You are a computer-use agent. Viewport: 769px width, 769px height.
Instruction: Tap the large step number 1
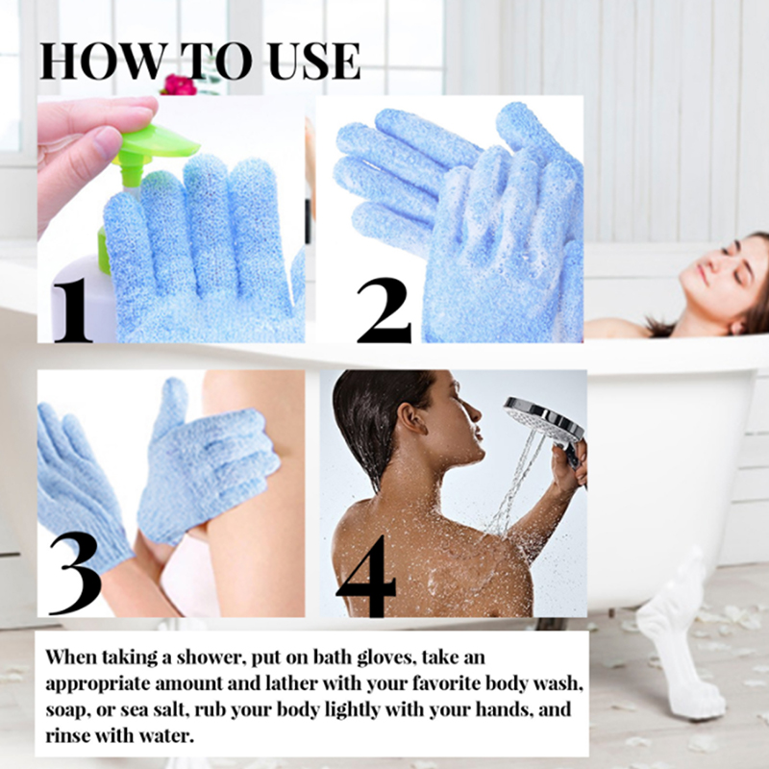(72, 310)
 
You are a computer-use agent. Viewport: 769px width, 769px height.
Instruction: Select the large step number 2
(384, 310)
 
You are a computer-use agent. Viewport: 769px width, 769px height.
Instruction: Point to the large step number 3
(75, 573)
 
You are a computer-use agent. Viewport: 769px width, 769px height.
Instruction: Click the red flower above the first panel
(179, 86)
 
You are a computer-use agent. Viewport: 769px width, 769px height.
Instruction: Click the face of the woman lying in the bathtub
(717, 275)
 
